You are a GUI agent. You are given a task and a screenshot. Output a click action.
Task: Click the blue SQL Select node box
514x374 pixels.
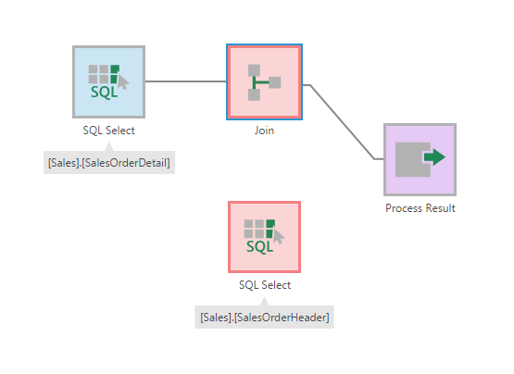click(x=108, y=81)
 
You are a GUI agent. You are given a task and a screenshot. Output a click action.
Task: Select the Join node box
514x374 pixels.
click(x=264, y=81)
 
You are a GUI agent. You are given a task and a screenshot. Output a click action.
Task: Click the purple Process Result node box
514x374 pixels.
click(x=420, y=159)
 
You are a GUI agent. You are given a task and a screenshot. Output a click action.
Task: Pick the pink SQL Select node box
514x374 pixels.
click(x=264, y=237)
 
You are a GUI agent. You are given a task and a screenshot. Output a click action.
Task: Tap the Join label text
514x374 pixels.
click(x=264, y=131)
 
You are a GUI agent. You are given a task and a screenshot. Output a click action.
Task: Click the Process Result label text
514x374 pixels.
click(x=420, y=208)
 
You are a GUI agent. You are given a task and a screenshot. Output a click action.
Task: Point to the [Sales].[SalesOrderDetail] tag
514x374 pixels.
click(x=109, y=163)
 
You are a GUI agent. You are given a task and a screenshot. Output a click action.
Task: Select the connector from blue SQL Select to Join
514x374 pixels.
click(x=185, y=81)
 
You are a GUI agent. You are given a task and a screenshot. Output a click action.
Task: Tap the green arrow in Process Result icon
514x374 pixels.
click(x=434, y=158)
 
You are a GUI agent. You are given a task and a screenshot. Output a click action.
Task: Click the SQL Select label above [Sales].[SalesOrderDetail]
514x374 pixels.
click(x=108, y=131)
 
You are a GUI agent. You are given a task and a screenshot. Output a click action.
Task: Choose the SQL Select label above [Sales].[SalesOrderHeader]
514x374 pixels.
click(x=264, y=285)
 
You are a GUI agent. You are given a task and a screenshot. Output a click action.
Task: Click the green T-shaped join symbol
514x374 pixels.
click(x=261, y=83)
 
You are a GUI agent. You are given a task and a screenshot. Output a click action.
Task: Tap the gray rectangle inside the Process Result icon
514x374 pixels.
click(x=410, y=160)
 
